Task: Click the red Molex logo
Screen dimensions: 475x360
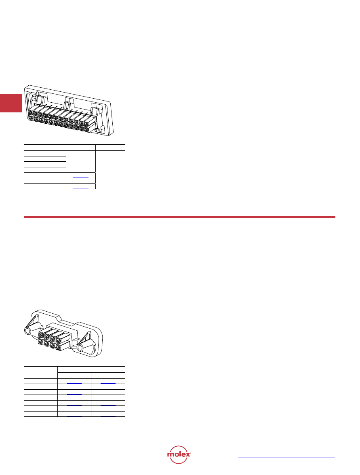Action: coord(179,455)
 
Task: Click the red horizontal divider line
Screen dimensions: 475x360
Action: coord(179,217)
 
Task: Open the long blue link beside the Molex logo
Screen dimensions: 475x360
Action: coord(286,458)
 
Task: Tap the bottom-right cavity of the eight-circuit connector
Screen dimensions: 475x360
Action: coord(58,347)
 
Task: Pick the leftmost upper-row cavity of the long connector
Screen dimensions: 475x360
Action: coord(31,114)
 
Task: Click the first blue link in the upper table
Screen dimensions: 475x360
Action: coord(80,177)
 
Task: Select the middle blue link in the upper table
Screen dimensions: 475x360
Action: coord(80,183)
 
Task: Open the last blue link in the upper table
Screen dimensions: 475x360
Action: coord(80,188)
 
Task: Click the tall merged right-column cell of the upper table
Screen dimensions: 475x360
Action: coord(110,169)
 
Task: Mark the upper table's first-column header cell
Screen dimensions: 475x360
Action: coord(45,148)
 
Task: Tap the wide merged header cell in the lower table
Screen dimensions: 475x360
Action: coord(91,369)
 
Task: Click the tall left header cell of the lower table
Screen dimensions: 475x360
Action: coord(41,372)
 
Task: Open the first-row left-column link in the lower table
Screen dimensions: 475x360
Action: coord(74,382)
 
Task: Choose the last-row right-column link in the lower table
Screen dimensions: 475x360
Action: coord(108,416)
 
